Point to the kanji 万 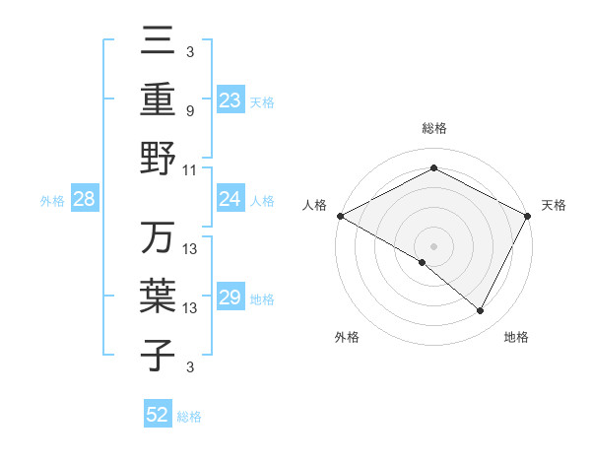click(158, 239)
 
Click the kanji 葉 click(158, 298)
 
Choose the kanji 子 click(158, 356)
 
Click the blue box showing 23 click(230, 99)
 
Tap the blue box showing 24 click(230, 199)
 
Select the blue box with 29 click(230, 298)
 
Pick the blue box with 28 click(84, 199)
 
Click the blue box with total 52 click(158, 415)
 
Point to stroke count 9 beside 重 click(190, 111)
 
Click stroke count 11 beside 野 click(190, 169)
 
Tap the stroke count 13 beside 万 click(190, 249)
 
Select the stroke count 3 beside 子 click(190, 367)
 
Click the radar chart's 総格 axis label click(433, 128)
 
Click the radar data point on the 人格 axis click(340, 215)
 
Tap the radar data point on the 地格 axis click(481, 311)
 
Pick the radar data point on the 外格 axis click(423, 262)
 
